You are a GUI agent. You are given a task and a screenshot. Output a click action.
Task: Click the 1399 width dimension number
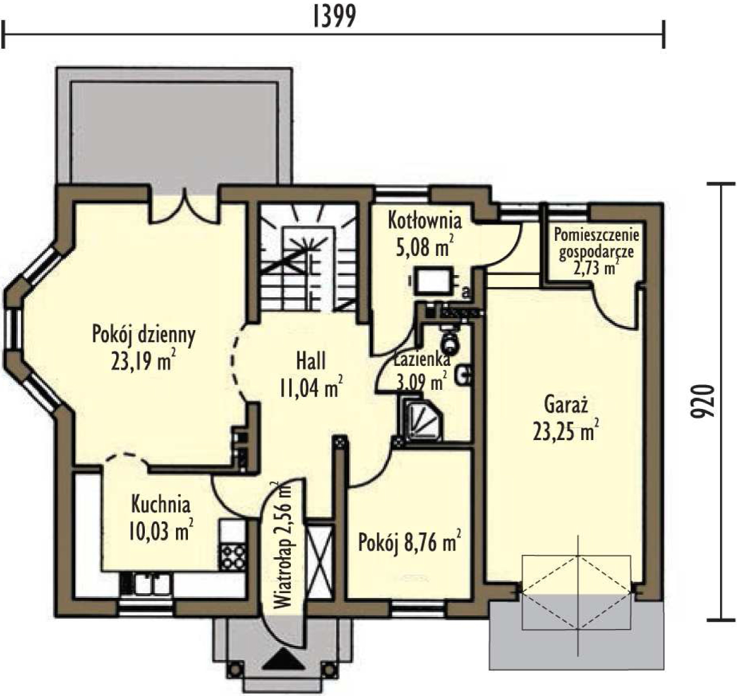[x=335, y=17]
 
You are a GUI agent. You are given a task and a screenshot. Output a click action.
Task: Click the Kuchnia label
[x=161, y=505]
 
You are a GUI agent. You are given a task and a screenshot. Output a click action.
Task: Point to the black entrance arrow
[x=282, y=661]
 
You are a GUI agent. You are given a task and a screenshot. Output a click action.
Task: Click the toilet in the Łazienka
[x=450, y=341]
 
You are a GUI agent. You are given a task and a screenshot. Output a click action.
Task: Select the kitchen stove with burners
[x=233, y=557]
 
